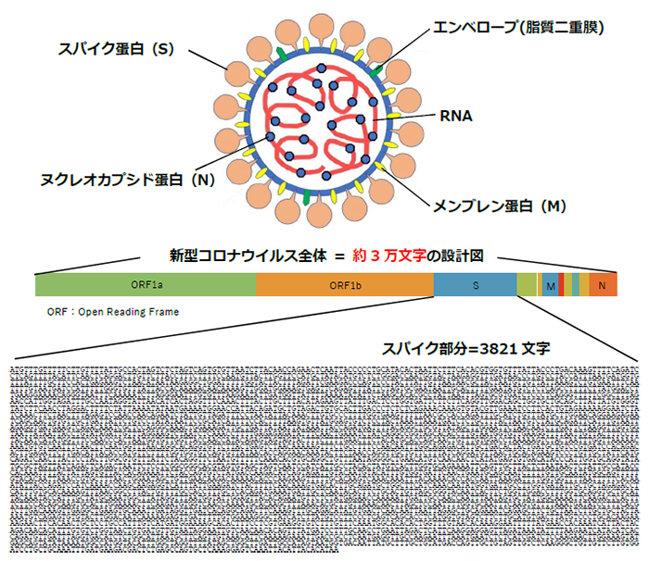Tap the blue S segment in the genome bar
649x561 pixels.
[x=476, y=285]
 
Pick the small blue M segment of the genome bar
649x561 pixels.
[x=551, y=286]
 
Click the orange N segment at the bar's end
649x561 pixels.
[x=603, y=285]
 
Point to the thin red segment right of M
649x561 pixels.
[x=562, y=285]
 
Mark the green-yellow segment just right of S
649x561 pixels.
[x=526, y=285]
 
